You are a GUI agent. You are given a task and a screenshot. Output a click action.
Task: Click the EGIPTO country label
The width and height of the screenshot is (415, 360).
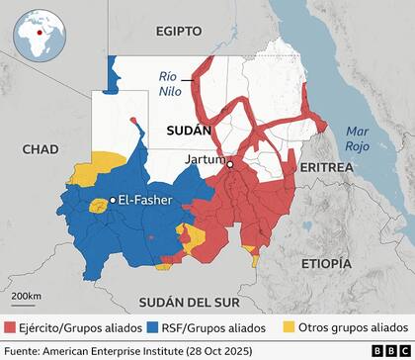[x=178, y=32]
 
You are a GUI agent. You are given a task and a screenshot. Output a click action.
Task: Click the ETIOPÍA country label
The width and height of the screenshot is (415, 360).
[x=325, y=263]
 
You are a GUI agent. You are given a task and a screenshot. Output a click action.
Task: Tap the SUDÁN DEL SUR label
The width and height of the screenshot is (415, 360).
[x=178, y=301]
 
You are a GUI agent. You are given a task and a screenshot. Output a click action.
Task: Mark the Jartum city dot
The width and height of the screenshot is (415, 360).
[x=229, y=165]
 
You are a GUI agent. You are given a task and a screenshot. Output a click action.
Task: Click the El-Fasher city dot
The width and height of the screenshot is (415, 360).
[x=113, y=200]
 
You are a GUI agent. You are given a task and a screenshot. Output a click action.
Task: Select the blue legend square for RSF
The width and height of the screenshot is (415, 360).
[x=151, y=326]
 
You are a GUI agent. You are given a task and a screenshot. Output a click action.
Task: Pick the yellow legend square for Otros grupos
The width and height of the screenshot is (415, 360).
[x=289, y=326]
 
